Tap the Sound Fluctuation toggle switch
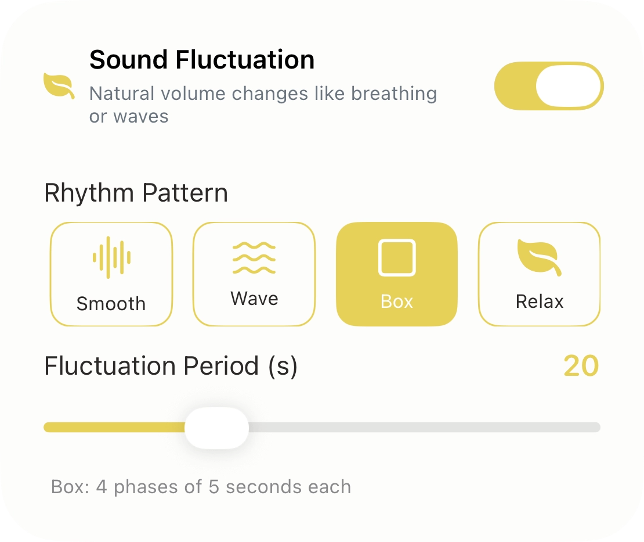[x=548, y=86]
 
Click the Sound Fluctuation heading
[x=202, y=60]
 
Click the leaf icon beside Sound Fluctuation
[x=59, y=87]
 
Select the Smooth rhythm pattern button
[x=111, y=274]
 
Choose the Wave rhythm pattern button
[x=254, y=274]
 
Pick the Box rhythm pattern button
[x=397, y=274]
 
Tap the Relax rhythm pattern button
[x=539, y=274]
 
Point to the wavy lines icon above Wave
[x=254, y=257]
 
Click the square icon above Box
[x=397, y=257]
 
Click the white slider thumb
[x=216, y=428]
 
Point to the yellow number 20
[x=581, y=367]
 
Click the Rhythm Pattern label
[x=136, y=193]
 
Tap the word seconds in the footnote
[x=256, y=486]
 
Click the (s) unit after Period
[x=283, y=367]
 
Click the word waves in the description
[x=141, y=116]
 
